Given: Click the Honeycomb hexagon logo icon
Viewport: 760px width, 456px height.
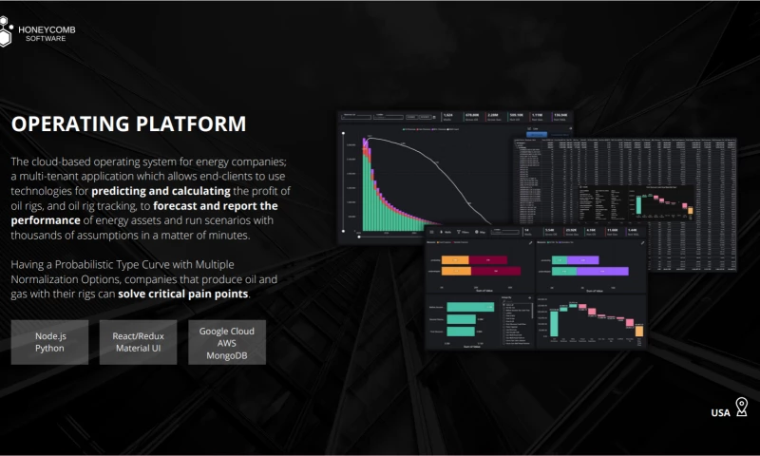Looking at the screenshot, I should click(x=9, y=32).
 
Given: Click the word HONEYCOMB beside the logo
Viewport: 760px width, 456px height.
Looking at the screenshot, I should click(x=47, y=29).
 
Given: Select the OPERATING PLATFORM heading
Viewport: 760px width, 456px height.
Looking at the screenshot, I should click(x=128, y=124).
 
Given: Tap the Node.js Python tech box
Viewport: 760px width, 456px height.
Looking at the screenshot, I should click(x=49, y=342).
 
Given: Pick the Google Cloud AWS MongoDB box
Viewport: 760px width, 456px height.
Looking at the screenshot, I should click(x=227, y=342).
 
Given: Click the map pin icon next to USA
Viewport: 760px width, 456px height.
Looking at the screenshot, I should click(x=741, y=408).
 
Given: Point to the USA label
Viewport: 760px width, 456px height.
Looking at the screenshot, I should click(x=720, y=413).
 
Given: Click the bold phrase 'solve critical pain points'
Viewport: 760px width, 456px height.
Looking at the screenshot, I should click(x=183, y=294).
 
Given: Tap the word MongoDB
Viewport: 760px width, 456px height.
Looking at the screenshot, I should click(x=227, y=355).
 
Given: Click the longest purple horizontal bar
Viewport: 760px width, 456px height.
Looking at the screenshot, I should click(x=590, y=272).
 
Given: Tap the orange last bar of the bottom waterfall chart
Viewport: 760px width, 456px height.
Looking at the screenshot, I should click(x=639, y=331).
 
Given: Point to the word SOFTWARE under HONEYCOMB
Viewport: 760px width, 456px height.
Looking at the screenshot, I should click(x=46, y=39).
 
